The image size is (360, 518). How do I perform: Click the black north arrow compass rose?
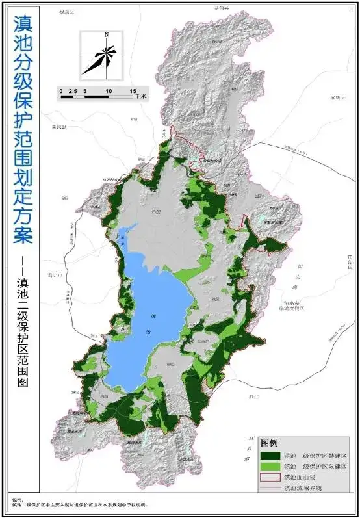[x=101, y=56]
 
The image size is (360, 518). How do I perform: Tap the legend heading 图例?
[x=270, y=443]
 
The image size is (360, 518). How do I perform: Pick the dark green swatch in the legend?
[x=270, y=456]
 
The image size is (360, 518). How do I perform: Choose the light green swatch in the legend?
[x=270, y=467]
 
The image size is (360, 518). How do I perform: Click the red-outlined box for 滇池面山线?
[x=270, y=478]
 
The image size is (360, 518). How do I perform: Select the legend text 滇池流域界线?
[x=303, y=488]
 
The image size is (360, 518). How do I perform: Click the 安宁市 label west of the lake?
[x=54, y=276]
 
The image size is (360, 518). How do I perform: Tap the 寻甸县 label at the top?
[x=223, y=7]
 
